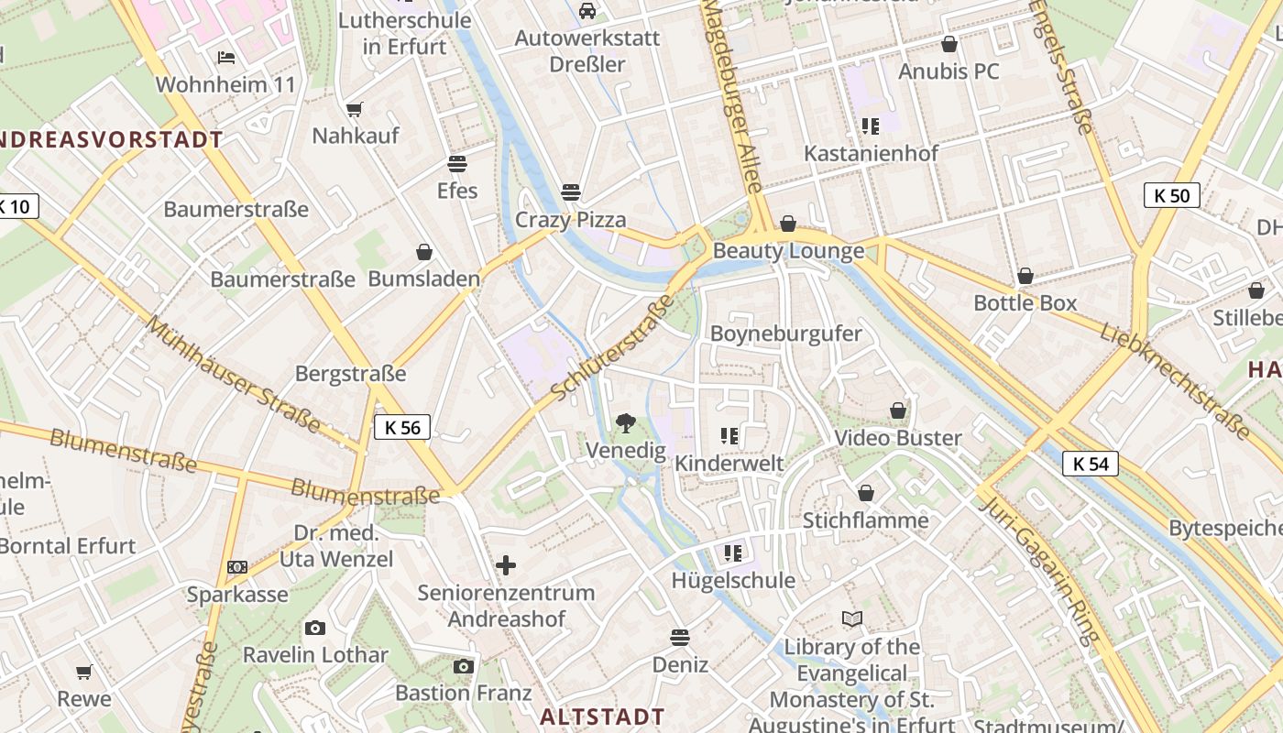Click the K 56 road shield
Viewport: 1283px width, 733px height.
coord(402,427)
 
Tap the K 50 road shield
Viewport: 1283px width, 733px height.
coord(1171,195)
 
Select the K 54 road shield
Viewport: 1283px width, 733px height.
coord(1091,464)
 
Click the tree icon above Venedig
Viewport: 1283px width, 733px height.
coord(626,422)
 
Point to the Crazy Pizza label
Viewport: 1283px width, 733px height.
coord(570,220)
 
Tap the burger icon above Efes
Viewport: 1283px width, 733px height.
coord(456,164)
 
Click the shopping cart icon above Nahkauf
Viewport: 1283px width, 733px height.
coord(355,109)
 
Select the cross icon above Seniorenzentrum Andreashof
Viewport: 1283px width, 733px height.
coord(506,565)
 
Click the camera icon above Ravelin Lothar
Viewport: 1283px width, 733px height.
coord(315,628)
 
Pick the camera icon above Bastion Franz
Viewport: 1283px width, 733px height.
coord(464,666)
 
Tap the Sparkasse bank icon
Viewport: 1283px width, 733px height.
coord(237,567)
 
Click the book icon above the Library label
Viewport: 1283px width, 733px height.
coord(852,619)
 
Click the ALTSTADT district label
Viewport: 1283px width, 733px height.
coord(602,717)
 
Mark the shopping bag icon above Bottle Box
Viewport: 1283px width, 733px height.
coord(1025,276)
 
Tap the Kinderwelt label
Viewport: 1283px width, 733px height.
coord(729,464)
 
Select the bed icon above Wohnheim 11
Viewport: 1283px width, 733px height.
coord(226,58)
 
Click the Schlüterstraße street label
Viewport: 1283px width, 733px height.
coord(613,348)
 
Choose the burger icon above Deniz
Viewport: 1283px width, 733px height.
coord(680,637)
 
